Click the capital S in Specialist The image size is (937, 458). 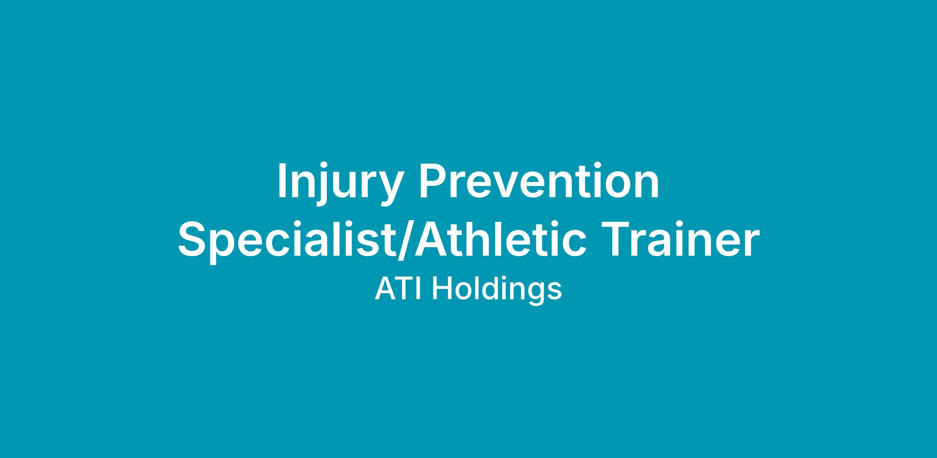pyautogui.click(x=194, y=238)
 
